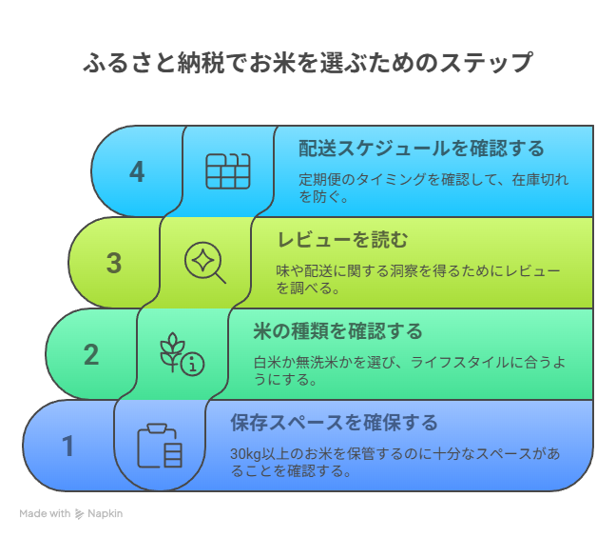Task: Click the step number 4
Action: coord(137,172)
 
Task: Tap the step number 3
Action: coord(114,263)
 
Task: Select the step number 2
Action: coord(91,354)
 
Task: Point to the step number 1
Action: coord(67,446)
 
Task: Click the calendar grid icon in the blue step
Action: coord(228,171)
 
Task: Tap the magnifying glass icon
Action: coord(205,263)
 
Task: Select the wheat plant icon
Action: coord(172,352)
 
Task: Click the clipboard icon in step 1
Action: coord(160,446)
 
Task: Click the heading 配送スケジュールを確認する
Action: coord(421,149)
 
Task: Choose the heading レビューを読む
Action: coord(342,240)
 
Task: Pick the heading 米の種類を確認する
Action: coord(337,331)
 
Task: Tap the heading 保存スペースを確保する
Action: coord(334,423)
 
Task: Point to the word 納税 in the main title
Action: coord(202,63)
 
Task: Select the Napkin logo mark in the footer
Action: coord(79,514)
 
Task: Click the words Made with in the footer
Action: coord(45,513)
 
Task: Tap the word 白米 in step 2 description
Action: coord(267,362)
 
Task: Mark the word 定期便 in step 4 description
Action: coord(319,179)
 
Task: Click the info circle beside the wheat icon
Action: coord(192,364)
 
